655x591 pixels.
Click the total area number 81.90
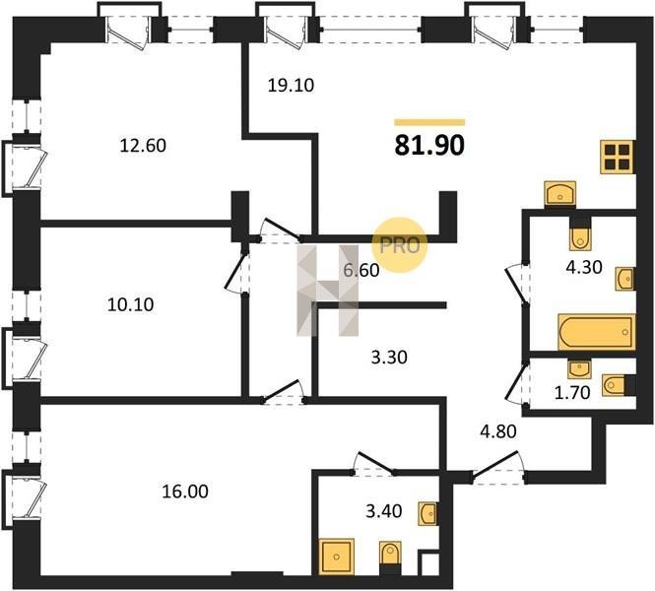[x=429, y=146]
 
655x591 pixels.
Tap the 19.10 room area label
[x=291, y=85]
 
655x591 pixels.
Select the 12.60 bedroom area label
[x=143, y=147]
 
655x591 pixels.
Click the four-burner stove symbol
[x=617, y=158]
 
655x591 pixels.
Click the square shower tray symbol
[x=338, y=555]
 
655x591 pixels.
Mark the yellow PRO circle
[x=401, y=243]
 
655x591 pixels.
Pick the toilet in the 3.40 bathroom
[x=390, y=558]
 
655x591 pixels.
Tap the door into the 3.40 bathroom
[x=375, y=463]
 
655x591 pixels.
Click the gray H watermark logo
[x=326, y=291]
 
